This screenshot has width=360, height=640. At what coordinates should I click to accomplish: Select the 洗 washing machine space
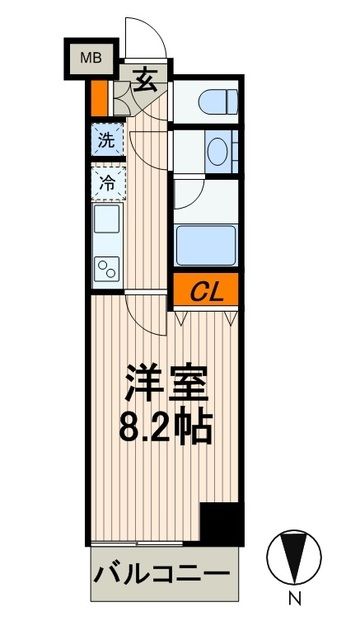(x=105, y=140)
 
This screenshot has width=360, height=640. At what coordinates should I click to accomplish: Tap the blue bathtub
(x=206, y=243)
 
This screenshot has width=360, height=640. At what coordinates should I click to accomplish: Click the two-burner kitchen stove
(x=105, y=266)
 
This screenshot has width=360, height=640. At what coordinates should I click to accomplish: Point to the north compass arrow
(x=294, y=556)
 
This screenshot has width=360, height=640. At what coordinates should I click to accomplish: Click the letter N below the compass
(x=294, y=601)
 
